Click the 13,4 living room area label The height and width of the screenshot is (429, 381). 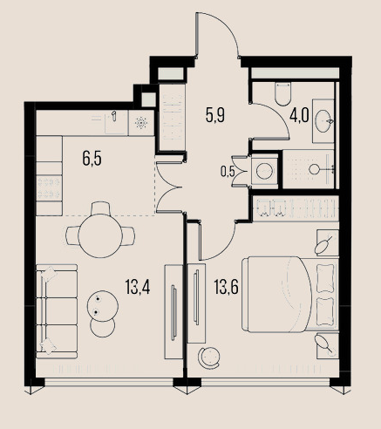(138, 287)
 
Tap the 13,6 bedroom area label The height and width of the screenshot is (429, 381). (226, 287)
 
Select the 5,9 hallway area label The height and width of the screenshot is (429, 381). (215, 115)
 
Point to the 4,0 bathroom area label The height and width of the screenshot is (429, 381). (299, 117)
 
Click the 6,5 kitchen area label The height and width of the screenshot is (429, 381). (92, 159)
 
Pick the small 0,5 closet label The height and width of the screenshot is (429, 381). (228, 172)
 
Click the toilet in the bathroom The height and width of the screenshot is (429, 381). (282, 93)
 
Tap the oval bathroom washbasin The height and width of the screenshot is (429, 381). (323, 121)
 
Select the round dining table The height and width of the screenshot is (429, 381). (100, 235)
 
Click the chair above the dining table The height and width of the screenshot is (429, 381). (100, 208)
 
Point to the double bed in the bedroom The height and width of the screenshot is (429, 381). (290, 294)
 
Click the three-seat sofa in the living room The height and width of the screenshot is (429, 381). (57, 311)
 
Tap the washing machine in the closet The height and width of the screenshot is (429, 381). (265, 171)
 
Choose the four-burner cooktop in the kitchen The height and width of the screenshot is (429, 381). (49, 187)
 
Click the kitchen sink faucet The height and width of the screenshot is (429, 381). (114, 115)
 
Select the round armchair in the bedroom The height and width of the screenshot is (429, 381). (208, 358)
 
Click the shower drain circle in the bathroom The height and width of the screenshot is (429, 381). (314, 169)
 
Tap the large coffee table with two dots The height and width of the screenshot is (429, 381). (103, 306)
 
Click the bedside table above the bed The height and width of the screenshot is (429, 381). (328, 242)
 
